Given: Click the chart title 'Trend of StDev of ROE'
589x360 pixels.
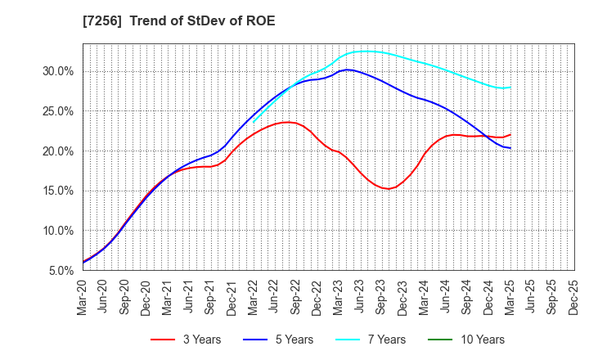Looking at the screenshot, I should point(202,20).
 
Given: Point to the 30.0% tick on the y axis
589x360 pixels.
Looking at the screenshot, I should point(58,71).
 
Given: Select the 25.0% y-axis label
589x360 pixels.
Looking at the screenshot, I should point(58,111).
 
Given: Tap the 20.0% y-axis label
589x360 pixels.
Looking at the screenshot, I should point(58,151).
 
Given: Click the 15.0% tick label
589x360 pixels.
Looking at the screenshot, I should point(58,191).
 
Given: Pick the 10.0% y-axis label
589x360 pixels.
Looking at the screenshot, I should point(58,231).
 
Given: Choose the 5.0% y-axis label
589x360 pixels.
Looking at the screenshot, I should point(61,271).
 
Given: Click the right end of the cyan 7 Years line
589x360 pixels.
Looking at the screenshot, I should point(510,88).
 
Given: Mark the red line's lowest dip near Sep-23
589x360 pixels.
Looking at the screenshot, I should point(388,189).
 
